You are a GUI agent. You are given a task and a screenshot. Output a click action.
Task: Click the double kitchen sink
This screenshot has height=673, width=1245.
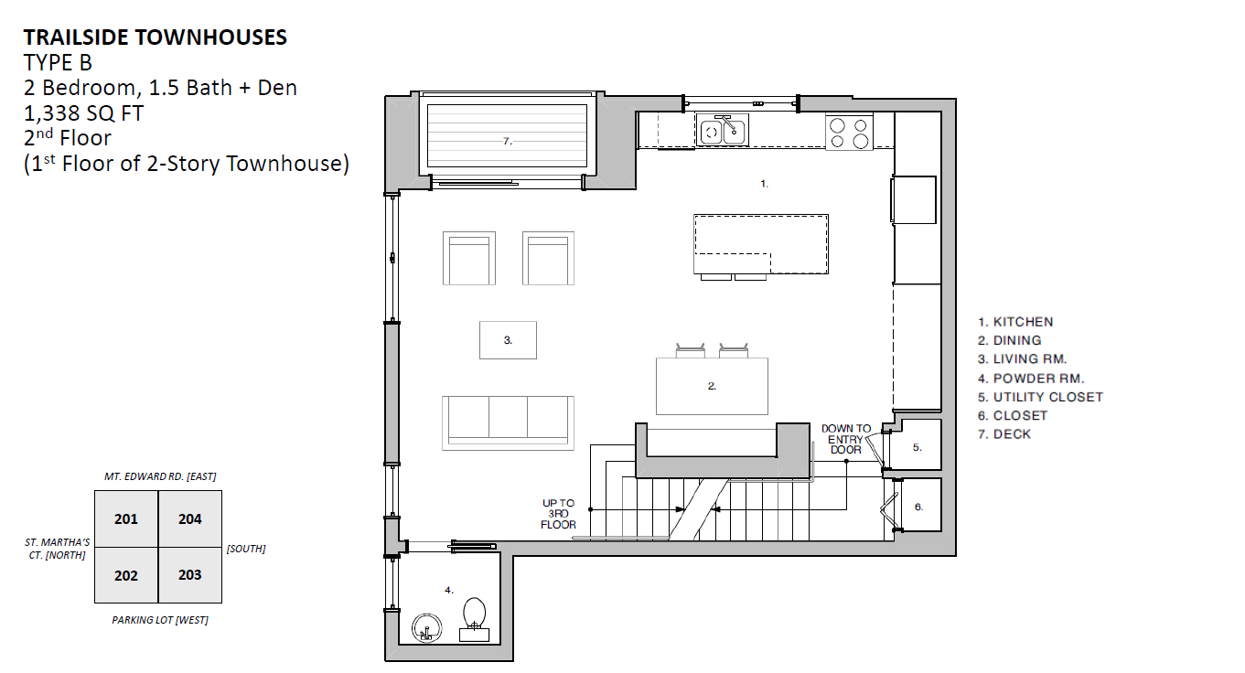pos(723,130)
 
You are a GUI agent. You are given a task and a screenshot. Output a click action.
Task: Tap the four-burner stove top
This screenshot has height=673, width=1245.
pos(849,132)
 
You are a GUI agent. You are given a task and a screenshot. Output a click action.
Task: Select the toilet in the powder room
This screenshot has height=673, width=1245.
pos(474,619)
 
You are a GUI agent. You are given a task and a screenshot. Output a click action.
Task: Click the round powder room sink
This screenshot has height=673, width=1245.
pos(427,628)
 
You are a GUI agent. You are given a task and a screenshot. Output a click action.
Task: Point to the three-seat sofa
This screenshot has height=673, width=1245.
pos(508,423)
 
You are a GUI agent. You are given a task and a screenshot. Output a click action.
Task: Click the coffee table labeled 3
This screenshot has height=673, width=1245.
pos(508,340)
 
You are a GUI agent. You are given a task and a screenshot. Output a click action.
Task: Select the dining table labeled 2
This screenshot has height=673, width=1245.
pos(712,386)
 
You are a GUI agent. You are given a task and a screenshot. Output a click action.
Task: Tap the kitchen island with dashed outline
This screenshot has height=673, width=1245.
pos(761,244)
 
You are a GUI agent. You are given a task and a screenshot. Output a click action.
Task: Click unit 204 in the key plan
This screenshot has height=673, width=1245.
pos(190,519)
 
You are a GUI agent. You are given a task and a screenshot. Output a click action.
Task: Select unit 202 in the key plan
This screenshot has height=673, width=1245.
pos(126,575)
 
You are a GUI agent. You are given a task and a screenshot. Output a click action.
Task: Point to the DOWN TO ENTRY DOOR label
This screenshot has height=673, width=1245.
pos(846,439)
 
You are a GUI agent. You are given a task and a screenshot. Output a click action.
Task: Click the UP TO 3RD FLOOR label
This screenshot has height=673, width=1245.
pos(558,514)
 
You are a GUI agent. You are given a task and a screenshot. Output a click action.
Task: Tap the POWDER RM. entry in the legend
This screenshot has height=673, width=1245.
pos(1031,379)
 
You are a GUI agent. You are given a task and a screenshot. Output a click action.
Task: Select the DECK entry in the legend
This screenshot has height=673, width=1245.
pos(1004,434)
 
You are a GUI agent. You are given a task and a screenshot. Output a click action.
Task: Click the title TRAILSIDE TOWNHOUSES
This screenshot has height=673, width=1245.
pos(156,37)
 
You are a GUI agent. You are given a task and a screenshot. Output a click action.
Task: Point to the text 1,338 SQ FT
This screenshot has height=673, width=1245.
pos(83,113)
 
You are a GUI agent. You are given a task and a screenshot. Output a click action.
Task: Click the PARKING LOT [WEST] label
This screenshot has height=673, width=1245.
pos(160,620)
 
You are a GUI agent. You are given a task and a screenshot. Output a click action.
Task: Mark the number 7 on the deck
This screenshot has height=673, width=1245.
pos(507,141)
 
